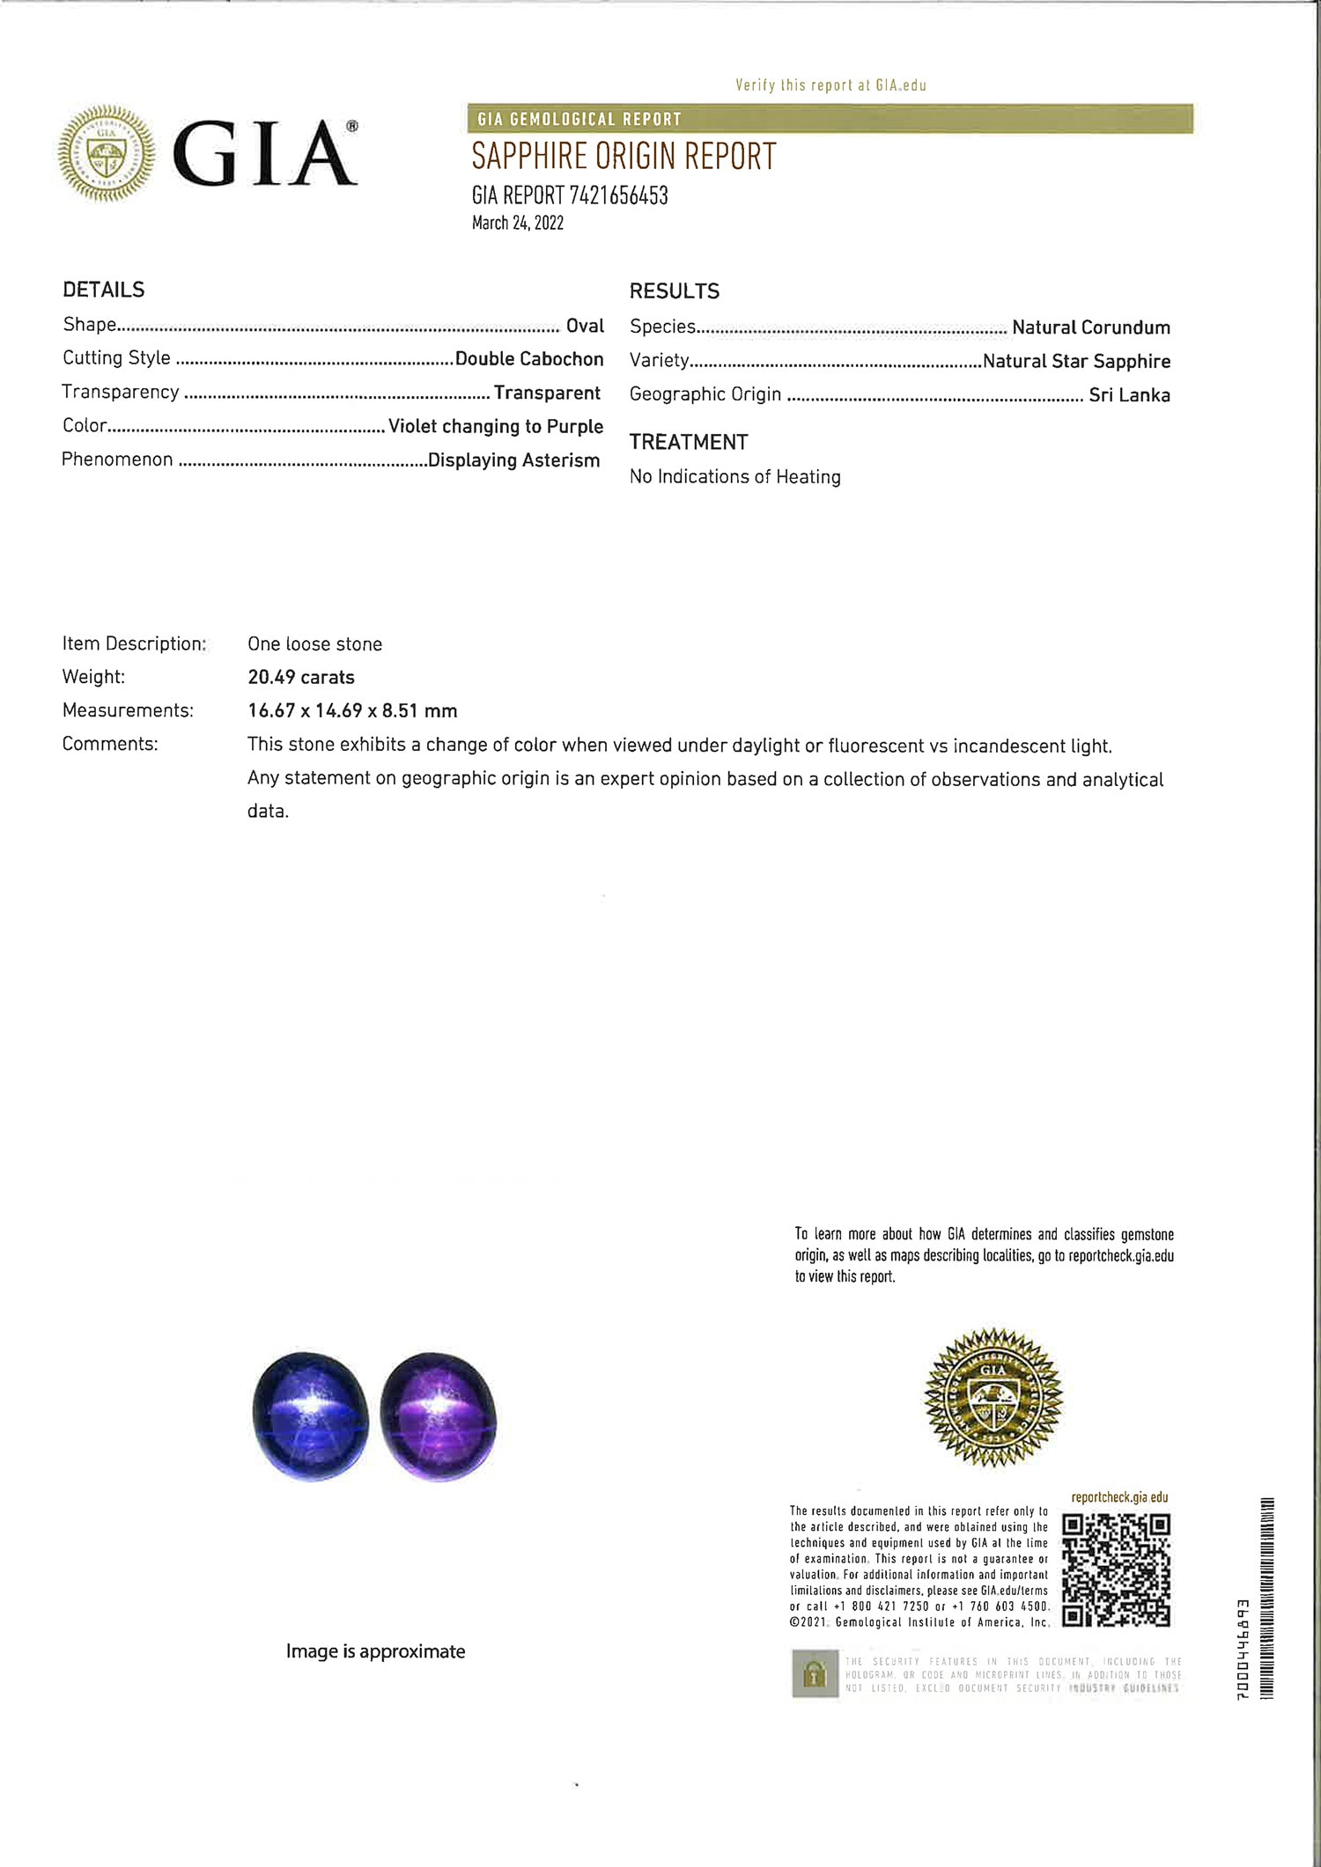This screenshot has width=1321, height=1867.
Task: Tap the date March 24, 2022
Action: [517, 223]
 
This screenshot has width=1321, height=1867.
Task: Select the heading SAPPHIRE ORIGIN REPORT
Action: [624, 157]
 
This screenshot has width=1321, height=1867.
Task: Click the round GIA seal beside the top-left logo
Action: [107, 154]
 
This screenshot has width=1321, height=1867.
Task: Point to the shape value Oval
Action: [585, 326]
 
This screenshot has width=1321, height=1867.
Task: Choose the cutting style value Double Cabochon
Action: [529, 359]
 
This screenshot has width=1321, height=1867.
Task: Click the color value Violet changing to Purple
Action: [496, 426]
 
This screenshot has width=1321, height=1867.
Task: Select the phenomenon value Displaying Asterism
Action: [513, 460]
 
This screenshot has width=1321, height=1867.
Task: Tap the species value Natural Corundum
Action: [1091, 327]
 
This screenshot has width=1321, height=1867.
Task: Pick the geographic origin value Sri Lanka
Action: [1129, 395]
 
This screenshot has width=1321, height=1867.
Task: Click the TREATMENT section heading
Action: [689, 442]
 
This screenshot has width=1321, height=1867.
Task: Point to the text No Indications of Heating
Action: [735, 477]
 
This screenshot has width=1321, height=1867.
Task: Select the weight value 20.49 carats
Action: [301, 677]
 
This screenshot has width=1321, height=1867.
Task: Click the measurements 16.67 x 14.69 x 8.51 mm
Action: [352, 710]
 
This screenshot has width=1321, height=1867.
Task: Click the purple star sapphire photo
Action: [439, 1415]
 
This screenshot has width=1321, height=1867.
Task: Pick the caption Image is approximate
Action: [375, 1651]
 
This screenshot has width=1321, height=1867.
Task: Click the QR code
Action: [1116, 1570]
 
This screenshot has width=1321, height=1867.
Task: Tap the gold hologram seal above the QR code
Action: [993, 1397]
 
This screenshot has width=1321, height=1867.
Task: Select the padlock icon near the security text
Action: [815, 1673]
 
